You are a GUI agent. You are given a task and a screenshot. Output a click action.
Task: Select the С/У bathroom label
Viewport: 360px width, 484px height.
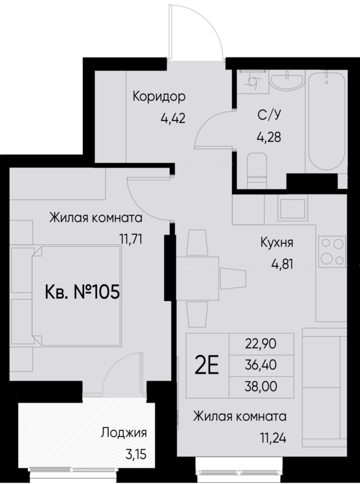[x=269, y=115]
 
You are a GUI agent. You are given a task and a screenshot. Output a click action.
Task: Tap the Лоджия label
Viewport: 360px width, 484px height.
[x=124, y=433]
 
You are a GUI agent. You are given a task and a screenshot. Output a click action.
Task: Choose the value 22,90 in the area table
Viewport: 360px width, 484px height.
[x=260, y=345]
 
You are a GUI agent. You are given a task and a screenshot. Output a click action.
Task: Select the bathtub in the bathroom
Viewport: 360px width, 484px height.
[x=326, y=120]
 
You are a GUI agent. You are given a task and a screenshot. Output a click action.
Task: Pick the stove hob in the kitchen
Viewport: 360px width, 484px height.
[x=332, y=251]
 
